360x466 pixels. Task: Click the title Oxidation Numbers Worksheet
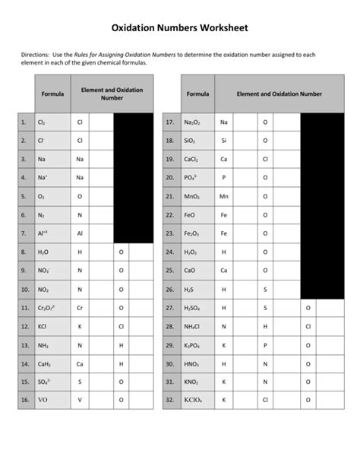tap(180, 28)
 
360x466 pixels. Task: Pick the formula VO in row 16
tap(43, 399)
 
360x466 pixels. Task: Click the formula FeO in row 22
tap(190, 215)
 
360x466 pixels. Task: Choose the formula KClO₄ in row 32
tap(193, 399)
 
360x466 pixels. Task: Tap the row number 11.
tap(24, 307)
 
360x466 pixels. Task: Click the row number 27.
tap(169, 307)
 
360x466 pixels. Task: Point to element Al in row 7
tap(80, 233)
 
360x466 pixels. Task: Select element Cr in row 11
tap(80, 307)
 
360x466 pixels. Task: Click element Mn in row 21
tap(224, 196)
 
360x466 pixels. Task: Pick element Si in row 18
tap(224, 141)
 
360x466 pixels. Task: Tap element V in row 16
tap(80, 399)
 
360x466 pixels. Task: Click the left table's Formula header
tap(52, 94)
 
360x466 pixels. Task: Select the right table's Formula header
tap(197, 94)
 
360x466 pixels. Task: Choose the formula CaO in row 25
tap(190, 270)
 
